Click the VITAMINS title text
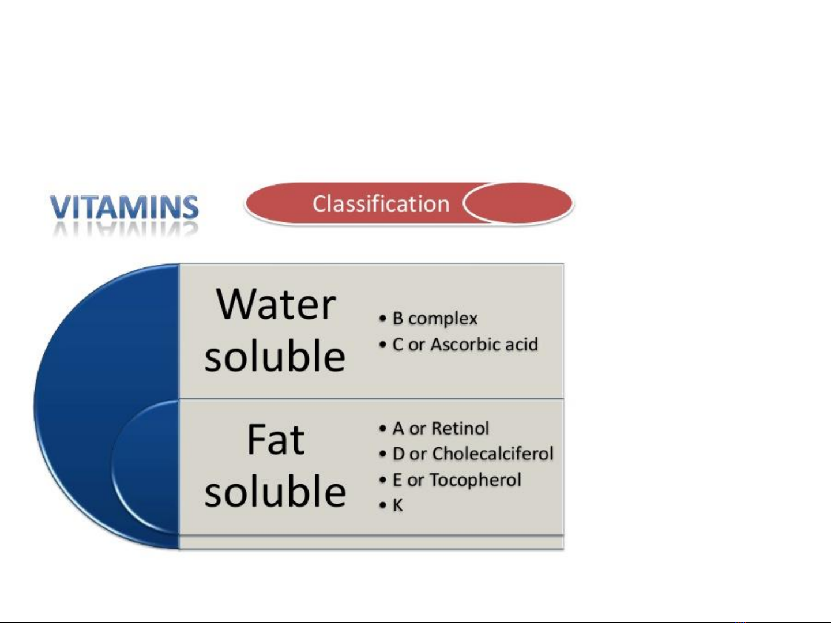tap(124, 207)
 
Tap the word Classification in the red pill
tap(381, 203)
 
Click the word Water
tap(276, 304)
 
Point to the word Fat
tap(276, 439)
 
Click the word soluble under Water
tap(275, 356)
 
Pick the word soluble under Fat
tap(275, 490)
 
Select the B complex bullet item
tap(435, 319)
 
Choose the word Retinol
tap(460, 428)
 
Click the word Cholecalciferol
tap(493, 453)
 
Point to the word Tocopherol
tap(476, 479)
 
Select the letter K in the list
tap(397, 505)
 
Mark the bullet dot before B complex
tap(383, 319)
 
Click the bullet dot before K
tap(383, 505)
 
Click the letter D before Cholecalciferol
tap(398, 453)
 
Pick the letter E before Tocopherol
tap(397, 479)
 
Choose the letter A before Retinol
tap(398, 428)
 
